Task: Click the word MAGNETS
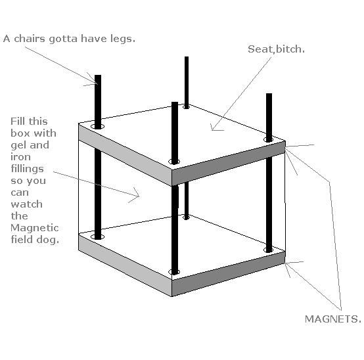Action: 333,319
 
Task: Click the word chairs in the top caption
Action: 30,38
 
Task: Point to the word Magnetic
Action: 35,228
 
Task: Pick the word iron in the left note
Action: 20,156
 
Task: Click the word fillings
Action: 27,169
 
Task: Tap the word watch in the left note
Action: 27,204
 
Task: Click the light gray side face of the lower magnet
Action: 125,265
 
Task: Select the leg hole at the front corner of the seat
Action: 174,162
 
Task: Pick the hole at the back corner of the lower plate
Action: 187,217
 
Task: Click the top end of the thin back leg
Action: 187,57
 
